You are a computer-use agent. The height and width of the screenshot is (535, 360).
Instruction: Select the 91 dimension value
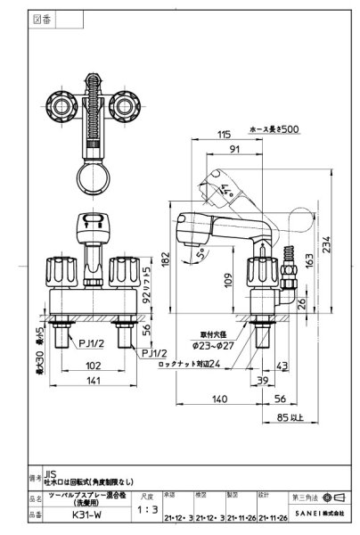[232, 149]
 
